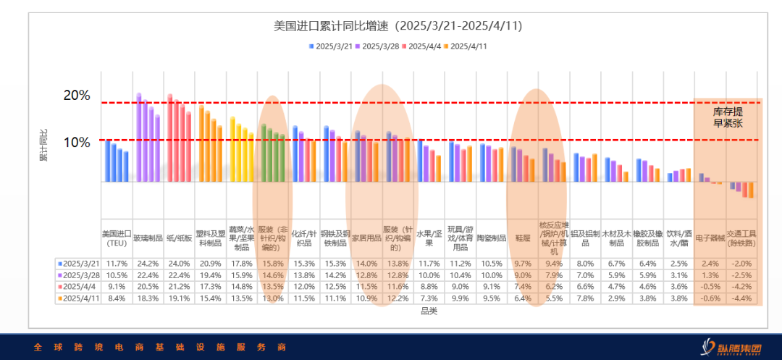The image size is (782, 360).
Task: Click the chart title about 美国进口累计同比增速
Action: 398,26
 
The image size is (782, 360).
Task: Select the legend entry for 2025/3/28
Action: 380,46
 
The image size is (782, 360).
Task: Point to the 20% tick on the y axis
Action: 77,96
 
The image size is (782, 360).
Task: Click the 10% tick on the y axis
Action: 77,142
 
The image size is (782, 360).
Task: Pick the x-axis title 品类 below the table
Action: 429,311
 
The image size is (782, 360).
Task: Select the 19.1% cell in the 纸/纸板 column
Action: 180,298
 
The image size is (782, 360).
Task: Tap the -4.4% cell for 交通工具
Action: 742,298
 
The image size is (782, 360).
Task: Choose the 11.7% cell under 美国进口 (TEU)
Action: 117,264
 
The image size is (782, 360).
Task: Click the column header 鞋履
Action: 523,237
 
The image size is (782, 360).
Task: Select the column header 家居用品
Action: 366,237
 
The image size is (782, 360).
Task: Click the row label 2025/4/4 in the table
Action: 80,287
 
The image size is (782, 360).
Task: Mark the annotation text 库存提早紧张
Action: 728,117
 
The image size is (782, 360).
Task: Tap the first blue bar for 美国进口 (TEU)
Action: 108,161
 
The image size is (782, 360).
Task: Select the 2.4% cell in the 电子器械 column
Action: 710,264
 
